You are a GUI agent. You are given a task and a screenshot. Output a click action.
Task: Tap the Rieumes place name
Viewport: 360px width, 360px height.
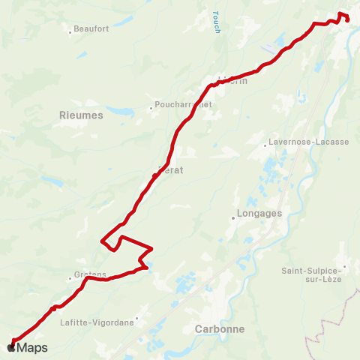81,115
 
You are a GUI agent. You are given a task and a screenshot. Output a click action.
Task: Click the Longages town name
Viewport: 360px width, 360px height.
258,212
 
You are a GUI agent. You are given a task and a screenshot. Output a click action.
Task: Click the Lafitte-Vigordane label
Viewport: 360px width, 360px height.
96,322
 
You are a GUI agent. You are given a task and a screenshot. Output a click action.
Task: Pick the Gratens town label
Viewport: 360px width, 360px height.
90,274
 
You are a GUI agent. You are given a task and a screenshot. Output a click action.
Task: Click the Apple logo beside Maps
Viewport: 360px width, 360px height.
10,347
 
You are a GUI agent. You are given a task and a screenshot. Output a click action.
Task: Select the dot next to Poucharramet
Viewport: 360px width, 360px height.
151,107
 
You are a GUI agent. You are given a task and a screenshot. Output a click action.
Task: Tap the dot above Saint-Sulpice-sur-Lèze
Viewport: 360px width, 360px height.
344,265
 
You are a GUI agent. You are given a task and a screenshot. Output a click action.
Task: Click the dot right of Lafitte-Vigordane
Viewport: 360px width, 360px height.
137,317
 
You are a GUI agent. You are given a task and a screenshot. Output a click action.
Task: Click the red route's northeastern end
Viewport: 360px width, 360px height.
347,20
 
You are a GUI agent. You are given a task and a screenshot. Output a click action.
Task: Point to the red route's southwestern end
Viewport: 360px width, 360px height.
13,342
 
